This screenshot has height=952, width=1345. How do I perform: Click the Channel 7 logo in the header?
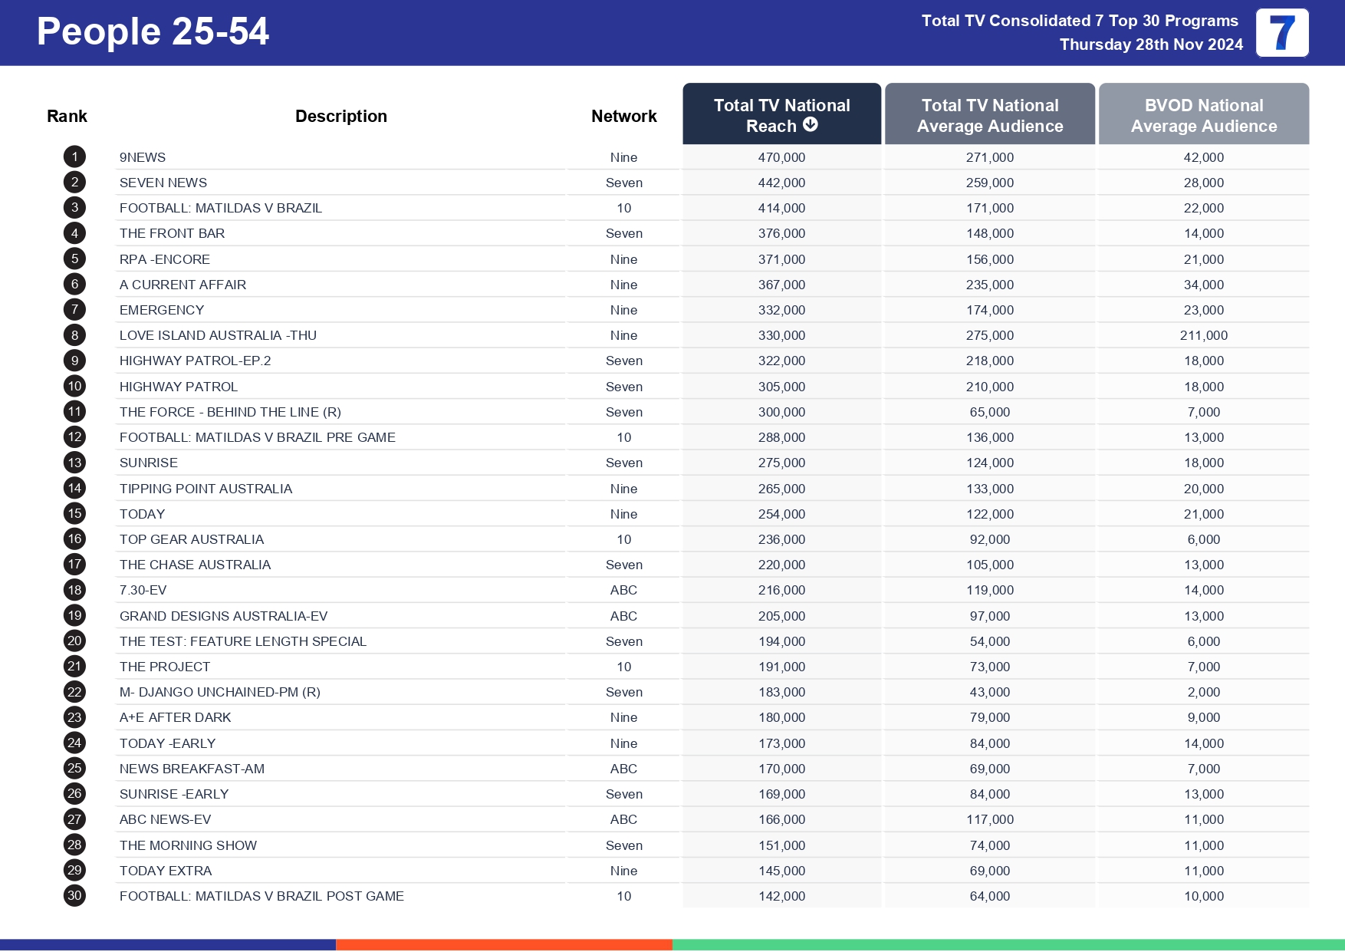pyautogui.click(x=1281, y=33)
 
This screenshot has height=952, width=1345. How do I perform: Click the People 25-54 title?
pyautogui.click(x=153, y=32)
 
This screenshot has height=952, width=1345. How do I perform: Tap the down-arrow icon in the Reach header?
pyautogui.click(x=811, y=124)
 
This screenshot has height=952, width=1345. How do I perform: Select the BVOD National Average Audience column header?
pyautogui.click(x=1203, y=115)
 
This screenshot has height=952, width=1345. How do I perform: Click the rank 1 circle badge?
pyautogui.click(x=74, y=157)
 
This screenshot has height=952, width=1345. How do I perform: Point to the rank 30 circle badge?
pyautogui.click(x=74, y=896)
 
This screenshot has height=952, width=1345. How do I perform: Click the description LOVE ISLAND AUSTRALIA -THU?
pyautogui.click(x=218, y=335)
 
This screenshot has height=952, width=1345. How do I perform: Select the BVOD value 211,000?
pyautogui.click(x=1203, y=335)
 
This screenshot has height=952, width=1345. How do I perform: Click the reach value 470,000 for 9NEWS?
pyautogui.click(x=781, y=157)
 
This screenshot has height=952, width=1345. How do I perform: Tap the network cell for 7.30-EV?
pyautogui.click(x=623, y=590)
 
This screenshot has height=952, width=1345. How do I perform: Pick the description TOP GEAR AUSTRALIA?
pyautogui.click(x=192, y=539)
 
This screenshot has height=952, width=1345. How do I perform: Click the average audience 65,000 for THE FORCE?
pyautogui.click(x=989, y=412)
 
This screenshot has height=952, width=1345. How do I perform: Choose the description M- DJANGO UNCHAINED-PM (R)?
pyautogui.click(x=220, y=692)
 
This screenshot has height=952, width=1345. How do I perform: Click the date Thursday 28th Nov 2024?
pyautogui.click(x=1150, y=44)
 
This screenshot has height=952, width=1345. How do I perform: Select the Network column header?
pyautogui.click(x=623, y=116)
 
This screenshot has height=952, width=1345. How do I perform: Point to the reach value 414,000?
pyautogui.click(x=781, y=208)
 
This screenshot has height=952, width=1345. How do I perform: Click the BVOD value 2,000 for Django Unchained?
pyautogui.click(x=1203, y=692)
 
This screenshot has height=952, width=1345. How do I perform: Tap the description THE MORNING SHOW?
pyautogui.click(x=188, y=845)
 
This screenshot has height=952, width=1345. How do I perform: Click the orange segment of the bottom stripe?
pyautogui.click(x=504, y=944)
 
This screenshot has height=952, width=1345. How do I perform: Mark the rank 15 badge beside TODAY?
pyautogui.click(x=74, y=514)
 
